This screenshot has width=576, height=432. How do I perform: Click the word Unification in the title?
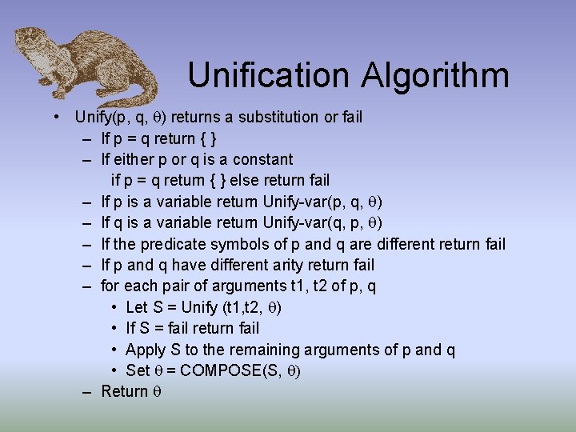(x=269, y=76)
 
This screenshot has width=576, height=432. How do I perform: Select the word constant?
(x=262, y=159)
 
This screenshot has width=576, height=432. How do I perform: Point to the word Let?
(x=138, y=307)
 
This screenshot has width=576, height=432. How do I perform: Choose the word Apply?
(x=146, y=350)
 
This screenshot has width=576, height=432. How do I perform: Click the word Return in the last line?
(x=125, y=391)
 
